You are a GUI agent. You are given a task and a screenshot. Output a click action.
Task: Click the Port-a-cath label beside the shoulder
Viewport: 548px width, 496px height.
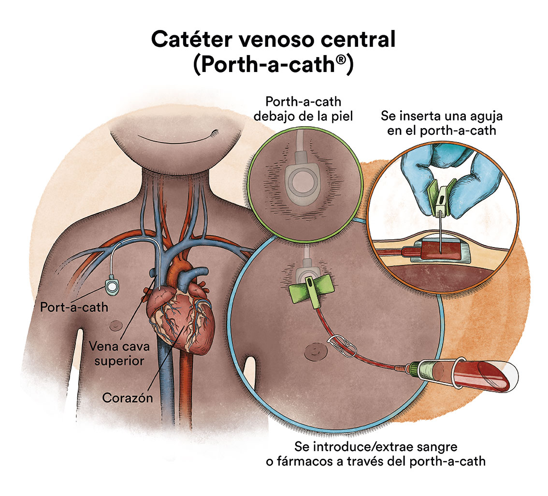point(74,307)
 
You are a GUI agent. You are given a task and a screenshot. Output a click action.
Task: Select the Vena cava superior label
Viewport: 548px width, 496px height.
point(119,353)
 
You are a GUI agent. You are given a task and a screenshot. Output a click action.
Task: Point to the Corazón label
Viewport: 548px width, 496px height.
point(128,397)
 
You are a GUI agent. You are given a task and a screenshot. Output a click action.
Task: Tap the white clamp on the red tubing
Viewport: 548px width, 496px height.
point(342,344)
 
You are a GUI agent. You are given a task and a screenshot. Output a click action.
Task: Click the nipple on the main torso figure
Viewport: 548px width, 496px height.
point(115,326)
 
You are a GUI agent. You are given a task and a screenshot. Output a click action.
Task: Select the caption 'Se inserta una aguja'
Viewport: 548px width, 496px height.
point(442,116)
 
